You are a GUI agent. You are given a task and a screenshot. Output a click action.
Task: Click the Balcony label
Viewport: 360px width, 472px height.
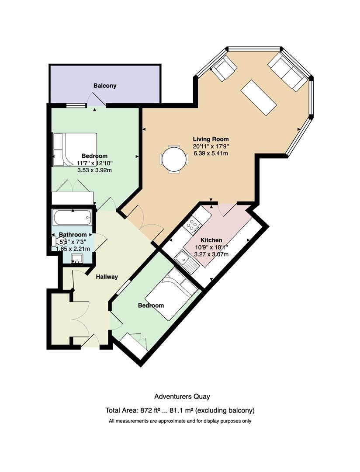click(x=105, y=86)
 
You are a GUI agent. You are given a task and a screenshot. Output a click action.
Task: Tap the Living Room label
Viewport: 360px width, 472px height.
click(x=211, y=139)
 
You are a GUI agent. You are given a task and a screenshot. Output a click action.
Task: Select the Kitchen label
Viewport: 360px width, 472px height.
click(x=211, y=240)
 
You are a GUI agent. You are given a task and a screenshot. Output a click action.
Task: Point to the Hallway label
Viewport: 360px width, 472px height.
click(x=107, y=277)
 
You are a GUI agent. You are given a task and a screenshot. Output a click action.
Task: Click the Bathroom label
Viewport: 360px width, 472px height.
click(x=73, y=235)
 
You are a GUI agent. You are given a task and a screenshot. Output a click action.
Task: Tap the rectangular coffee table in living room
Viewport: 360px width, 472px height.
click(x=259, y=97)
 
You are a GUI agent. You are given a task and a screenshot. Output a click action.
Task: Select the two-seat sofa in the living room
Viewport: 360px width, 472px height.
click(x=288, y=72)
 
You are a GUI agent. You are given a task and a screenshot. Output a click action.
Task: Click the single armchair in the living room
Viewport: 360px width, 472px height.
click(x=223, y=68)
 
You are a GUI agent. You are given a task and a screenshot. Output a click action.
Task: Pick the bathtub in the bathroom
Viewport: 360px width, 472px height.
click(x=72, y=218)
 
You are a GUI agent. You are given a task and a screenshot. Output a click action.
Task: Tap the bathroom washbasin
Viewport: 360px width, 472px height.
click(x=77, y=258)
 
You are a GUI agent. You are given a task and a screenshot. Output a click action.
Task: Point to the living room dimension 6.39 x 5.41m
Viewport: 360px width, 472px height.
click(x=211, y=153)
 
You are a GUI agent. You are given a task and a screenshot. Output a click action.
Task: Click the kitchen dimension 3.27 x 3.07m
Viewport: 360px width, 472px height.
click(x=211, y=254)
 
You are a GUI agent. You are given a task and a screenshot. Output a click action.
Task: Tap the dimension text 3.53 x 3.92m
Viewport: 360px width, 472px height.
click(x=94, y=170)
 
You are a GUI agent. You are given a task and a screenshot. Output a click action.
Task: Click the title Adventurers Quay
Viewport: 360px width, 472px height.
click(x=182, y=396)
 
